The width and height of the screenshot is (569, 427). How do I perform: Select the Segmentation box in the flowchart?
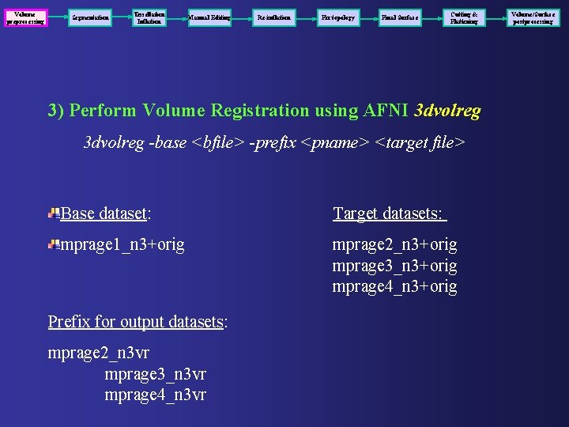(90, 17)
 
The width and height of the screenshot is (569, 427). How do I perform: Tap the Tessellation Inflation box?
(149, 17)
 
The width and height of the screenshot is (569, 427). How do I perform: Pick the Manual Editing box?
(209, 17)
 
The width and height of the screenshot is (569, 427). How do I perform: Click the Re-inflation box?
(274, 17)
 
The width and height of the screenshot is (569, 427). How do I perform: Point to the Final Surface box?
(401, 17)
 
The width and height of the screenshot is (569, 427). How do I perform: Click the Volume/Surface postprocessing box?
(532, 17)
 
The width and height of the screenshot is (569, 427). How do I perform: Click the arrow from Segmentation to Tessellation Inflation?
(120, 17)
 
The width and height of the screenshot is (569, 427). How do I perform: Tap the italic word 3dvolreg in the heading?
(447, 111)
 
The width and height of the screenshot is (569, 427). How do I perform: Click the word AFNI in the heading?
(385, 111)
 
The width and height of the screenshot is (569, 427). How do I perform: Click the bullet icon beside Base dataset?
(53, 213)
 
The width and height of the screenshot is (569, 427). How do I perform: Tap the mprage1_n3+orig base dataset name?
(122, 245)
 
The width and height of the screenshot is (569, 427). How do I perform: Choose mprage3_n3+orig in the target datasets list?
(394, 266)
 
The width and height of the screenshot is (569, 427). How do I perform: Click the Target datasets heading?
(390, 213)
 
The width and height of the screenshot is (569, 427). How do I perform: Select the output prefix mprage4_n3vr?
(155, 394)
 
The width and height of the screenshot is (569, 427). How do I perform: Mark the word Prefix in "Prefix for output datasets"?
(68, 322)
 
